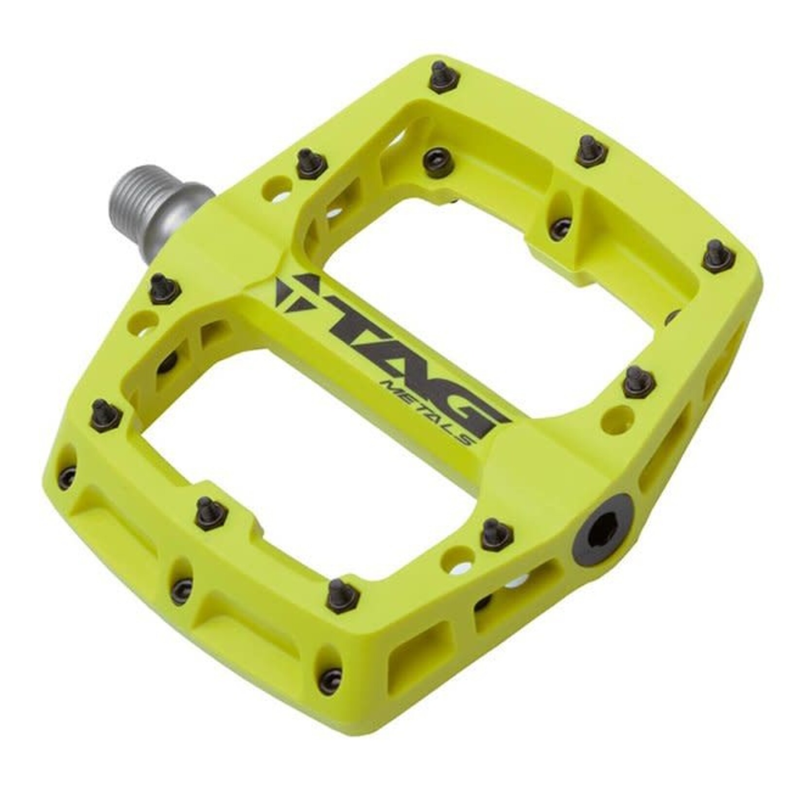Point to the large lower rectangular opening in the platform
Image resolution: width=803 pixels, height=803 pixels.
coord(311,462)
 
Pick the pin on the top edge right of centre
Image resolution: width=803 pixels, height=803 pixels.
coord(588,150)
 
